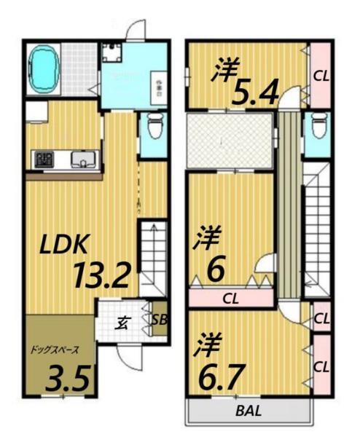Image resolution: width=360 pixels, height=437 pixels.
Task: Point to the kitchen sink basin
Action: [x=80, y=160]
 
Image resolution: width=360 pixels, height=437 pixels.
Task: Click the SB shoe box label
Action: [x=159, y=320]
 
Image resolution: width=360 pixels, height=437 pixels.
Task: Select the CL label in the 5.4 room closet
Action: [x=320, y=74]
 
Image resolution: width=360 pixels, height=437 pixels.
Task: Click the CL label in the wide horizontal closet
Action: [x=230, y=297]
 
